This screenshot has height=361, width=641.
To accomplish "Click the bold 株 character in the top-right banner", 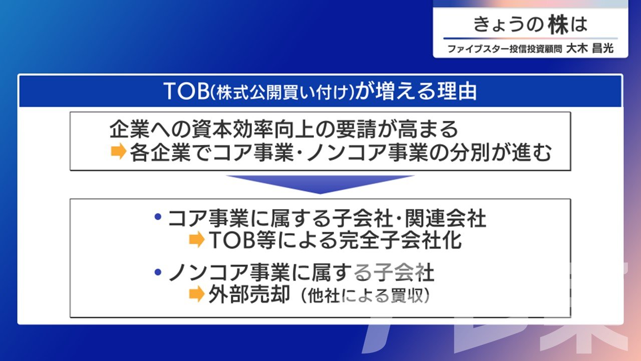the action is [x=558, y=25].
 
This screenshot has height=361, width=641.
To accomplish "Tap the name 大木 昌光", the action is [x=590, y=49].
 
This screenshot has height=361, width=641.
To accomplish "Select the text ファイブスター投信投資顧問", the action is [x=505, y=49].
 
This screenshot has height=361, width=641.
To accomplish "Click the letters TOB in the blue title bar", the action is [x=187, y=92].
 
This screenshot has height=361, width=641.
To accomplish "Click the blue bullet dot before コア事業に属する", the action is [x=158, y=217].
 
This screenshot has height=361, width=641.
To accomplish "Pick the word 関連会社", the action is [x=445, y=218].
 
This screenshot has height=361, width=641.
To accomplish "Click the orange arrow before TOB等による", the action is [x=197, y=239].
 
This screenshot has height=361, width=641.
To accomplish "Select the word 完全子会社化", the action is [x=400, y=240].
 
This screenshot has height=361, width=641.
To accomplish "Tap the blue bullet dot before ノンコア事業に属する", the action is [x=158, y=272].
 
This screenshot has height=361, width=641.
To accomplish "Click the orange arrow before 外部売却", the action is [x=197, y=294].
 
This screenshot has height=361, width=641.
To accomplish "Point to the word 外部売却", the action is [x=249, y=294].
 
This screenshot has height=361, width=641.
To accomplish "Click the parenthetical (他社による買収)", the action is [x=365, y=295].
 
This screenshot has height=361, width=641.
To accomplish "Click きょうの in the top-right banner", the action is [x=508, y=25].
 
